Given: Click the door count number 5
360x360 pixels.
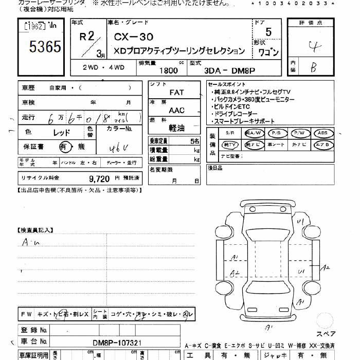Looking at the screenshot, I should pyautogui.click(x=268, y=32).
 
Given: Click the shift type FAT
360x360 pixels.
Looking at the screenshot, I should pyautogui.click(x=176, y=92).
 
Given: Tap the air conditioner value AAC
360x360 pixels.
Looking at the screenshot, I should pyautogui.click(x=176, y=110).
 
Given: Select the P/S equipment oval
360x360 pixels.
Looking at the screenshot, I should pyautogui.click(x=276, y=133).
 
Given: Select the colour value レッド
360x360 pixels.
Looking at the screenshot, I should pyautogui.click(x=62, y=132).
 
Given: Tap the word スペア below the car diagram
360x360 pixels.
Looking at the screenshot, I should pyautogui.click(x=326, y=334).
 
